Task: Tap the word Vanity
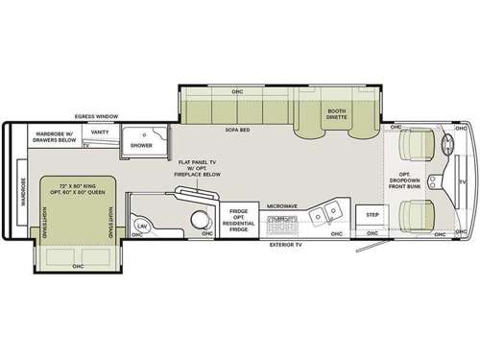click(x=100, y=134)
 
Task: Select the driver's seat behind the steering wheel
click(x=418, y=147)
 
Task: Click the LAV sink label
click(x=141, y=225)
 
